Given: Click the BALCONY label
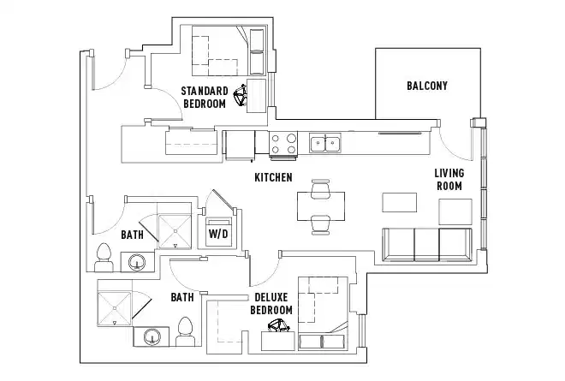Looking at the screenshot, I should [426, 86].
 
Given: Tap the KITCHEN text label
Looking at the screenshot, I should [274, 178].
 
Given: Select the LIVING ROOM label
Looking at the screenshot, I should [449, 180].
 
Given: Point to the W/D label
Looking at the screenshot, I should [217, 233].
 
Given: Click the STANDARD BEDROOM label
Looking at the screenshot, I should [205, 97].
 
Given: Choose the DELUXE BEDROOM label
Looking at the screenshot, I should [271, 304].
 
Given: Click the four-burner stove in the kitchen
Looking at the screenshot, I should [284, 143].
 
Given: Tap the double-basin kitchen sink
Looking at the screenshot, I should [325, 143].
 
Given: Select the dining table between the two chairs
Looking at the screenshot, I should [320, 205].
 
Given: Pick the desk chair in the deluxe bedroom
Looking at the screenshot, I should [279, 326].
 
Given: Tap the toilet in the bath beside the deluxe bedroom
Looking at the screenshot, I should [185, 331].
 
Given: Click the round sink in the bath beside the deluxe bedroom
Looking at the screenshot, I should [152, 336].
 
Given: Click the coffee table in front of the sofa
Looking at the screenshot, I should [399, 203].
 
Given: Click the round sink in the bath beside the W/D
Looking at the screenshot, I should [134, 260].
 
